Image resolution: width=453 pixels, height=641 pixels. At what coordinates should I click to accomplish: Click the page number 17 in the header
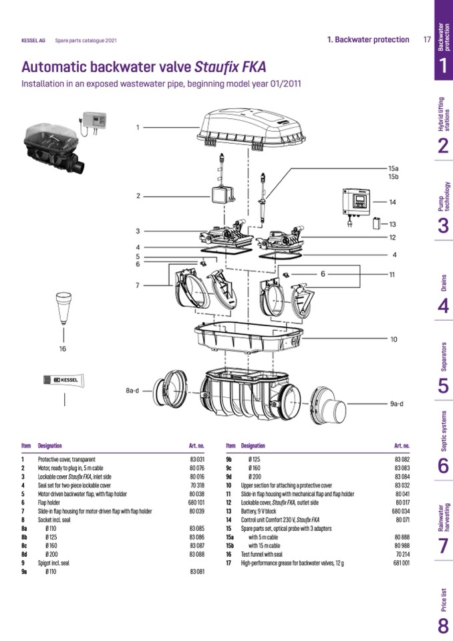coord(426,39)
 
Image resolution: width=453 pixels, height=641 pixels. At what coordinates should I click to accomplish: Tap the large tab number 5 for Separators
coord(443,386)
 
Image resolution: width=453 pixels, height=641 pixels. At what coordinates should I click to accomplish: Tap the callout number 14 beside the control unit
coord(393,202)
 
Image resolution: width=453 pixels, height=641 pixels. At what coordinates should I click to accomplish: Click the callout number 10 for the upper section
coord(394,340)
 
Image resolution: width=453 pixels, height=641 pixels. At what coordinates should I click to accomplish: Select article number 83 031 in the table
coord(196,460)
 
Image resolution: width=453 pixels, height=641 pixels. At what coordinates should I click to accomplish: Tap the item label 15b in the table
coord(231,546)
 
